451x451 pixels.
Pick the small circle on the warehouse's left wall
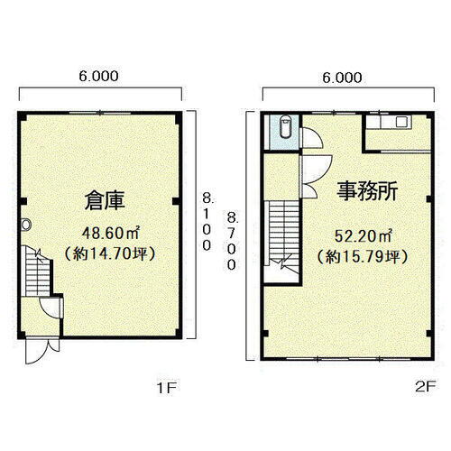pyautogui.click(x=26, y=225)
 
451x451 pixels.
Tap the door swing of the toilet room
pyautogui.click(x=309, y=138)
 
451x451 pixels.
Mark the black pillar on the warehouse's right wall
pyautogui.click(x=182, y=199)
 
